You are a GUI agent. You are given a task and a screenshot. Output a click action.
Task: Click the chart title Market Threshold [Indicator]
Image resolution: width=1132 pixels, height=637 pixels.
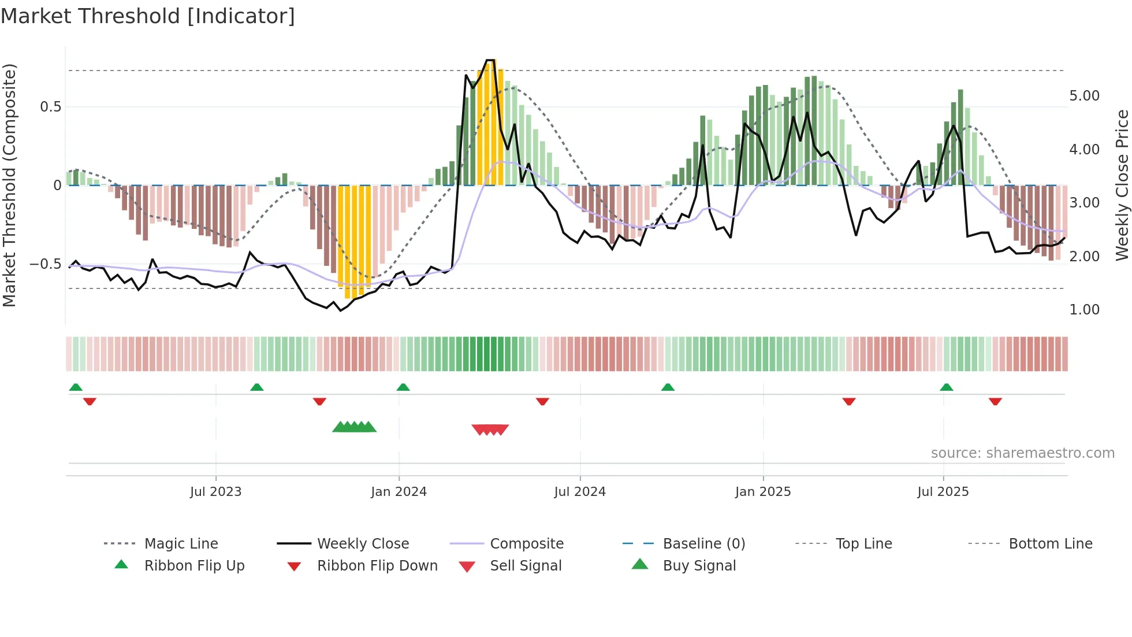148,16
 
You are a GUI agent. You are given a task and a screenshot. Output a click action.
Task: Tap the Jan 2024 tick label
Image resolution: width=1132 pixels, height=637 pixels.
399,492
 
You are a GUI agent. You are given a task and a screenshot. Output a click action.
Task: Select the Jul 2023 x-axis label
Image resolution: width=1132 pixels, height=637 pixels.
215,492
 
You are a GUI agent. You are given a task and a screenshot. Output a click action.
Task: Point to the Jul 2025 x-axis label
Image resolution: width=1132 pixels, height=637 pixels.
943,492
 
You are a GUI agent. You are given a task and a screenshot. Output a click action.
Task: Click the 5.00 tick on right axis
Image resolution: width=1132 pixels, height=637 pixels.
1084,96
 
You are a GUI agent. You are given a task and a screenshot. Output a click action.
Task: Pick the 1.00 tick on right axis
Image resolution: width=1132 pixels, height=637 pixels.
1084,310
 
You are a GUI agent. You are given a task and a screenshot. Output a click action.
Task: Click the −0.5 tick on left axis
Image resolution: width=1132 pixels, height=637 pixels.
45,264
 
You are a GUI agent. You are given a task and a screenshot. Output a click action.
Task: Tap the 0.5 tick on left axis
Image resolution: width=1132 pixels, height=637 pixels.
50,107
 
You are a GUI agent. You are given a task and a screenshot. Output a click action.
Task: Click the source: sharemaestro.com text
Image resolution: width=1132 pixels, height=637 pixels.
1022,453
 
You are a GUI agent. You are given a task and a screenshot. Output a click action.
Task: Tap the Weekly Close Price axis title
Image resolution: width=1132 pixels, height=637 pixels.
1122,185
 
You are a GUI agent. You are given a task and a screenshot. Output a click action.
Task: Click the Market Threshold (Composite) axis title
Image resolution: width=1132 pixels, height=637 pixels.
9,185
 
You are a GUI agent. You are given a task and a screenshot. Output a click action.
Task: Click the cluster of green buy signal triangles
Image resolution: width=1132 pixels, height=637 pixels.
354,427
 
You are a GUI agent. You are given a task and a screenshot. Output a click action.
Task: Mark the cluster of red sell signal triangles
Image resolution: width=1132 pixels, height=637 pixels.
490,429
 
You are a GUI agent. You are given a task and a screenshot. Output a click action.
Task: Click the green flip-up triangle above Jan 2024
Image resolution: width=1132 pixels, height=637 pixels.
403,387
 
